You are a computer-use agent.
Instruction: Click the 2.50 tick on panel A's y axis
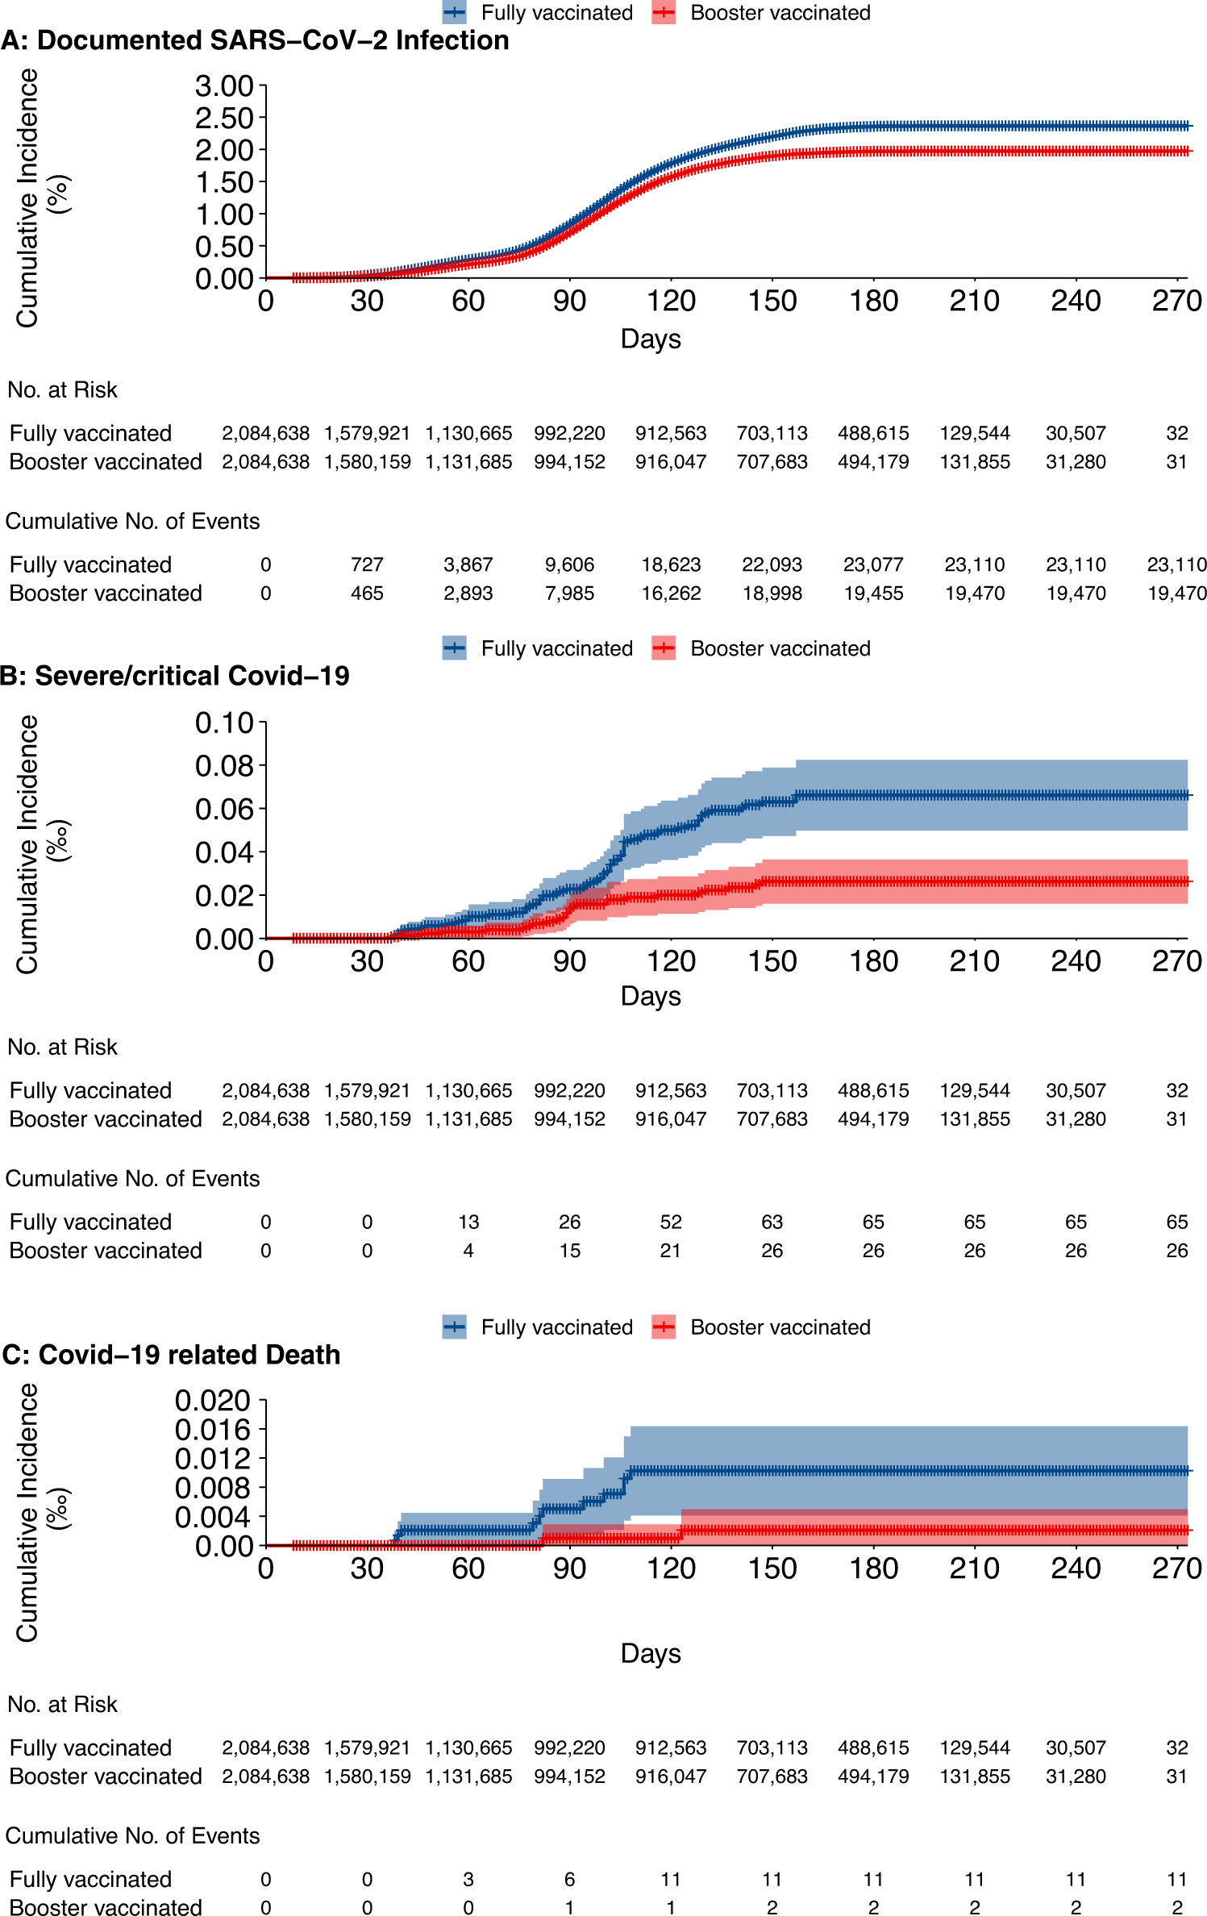click(224, 119)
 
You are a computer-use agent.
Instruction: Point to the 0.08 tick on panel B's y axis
click(224, 766)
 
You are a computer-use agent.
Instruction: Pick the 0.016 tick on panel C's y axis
click(214, 1430)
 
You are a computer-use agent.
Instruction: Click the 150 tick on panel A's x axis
click(772, 302)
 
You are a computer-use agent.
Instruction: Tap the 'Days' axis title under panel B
click(650, 996)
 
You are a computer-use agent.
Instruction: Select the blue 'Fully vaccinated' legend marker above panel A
click(455, 13)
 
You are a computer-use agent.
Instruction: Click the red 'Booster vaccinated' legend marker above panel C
click(664, 1327)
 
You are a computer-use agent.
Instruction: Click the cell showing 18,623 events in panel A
click(671, 564)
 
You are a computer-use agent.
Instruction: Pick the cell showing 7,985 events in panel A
click(569, 594)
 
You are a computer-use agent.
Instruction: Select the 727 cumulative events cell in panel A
click(367, 564)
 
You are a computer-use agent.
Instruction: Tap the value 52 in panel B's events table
click(671, 1222)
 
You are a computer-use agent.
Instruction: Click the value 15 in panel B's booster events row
click(569, 1251)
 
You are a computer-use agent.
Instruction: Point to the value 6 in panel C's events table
click(569, 1879)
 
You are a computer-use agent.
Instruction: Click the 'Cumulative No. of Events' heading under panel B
click(132, 1178)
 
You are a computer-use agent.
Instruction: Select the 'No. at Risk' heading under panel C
click(62, 1704)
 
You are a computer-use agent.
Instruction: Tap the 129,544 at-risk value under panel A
click(974, 433)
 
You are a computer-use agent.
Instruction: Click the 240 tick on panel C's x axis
click(1076, 1568)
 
